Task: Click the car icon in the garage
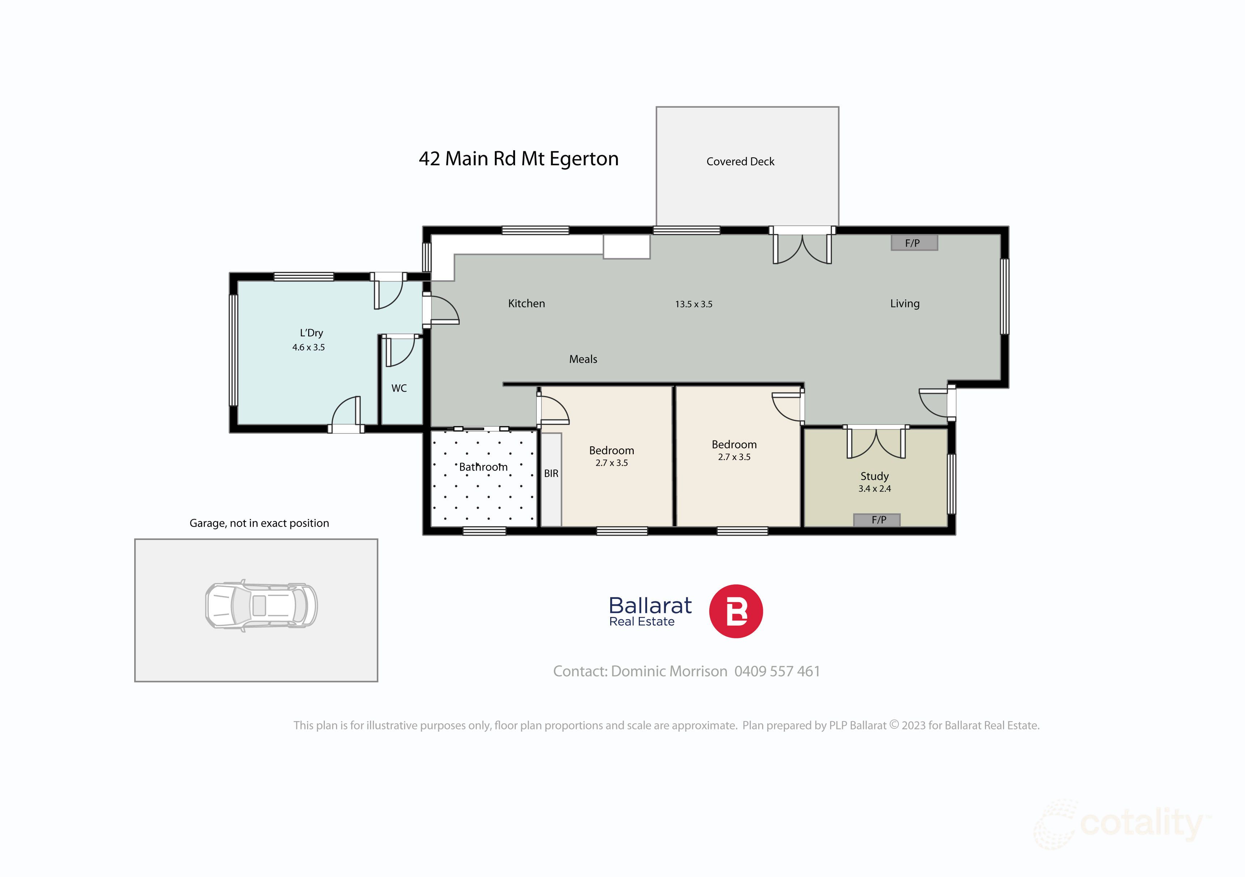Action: coord(261,605)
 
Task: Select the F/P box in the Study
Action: coord(877,520)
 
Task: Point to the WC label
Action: coord(399,388)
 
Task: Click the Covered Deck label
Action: coord(740,162)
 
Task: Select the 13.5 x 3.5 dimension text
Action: coord(693,304)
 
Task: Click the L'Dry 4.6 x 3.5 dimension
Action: coord(309,348)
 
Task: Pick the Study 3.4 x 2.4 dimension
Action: coord(874,488)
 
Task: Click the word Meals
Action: coord(583,359)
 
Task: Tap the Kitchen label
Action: coord(526,303)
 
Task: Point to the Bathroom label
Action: coord(483,467)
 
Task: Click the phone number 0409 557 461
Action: coord(777,671)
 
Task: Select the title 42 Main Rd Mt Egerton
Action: coord(518,159)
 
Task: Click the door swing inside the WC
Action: coord(400,352)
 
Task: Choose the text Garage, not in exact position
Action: coord(259,523)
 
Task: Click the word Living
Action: coord(905,303)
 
